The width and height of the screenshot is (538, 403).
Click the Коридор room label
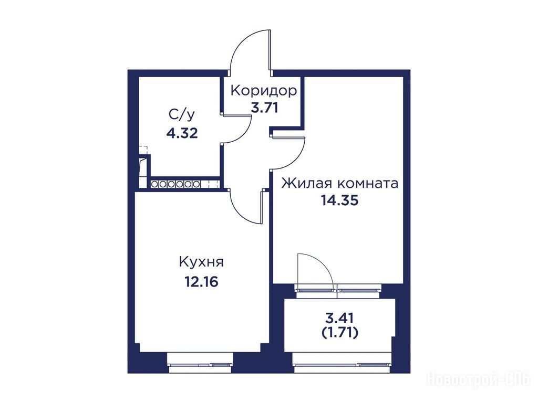coord(264,91)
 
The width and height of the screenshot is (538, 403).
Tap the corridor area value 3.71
coord(264,108)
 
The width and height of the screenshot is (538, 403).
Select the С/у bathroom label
coord(182,115)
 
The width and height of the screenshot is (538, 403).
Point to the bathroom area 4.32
coord(182,133)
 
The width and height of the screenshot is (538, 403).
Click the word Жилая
coord(307,183)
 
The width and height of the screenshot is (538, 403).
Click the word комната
coord(368,184)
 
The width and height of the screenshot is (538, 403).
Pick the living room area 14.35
coord(340,200)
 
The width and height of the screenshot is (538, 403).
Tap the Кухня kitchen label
coord(201,262)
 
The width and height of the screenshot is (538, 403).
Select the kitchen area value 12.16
coord(201,282)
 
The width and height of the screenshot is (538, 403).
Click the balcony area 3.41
coord(339,318)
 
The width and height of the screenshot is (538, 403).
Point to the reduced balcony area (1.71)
coord(340,332)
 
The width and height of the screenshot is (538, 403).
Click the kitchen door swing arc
coord(240,213)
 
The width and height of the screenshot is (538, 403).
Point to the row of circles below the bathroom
coord(175,184)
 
